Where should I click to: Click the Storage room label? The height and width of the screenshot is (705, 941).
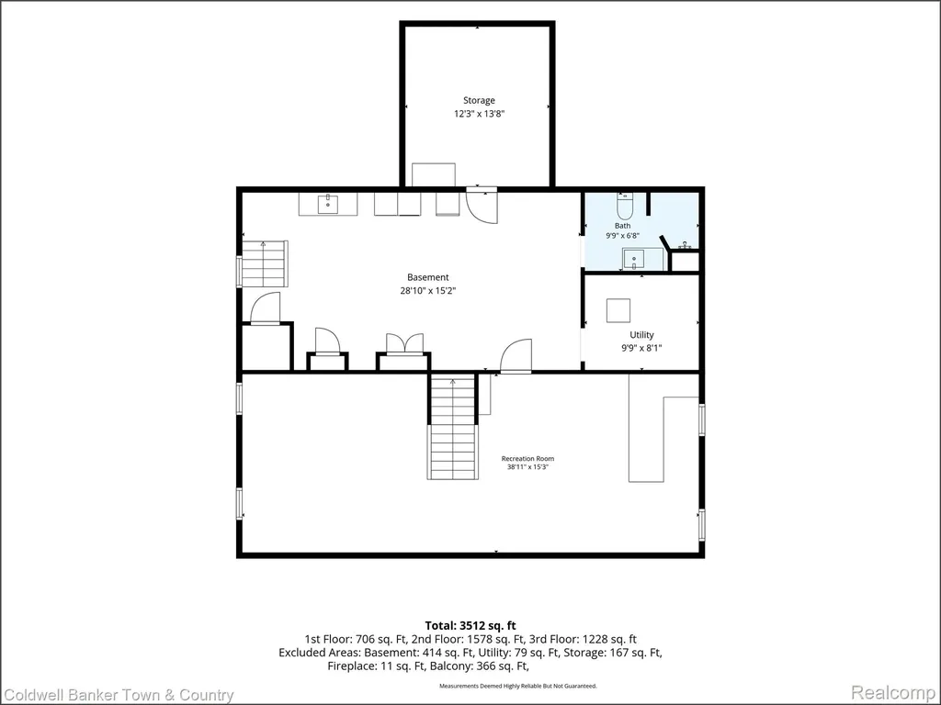click(x=479, y=101)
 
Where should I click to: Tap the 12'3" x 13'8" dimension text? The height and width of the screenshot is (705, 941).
click(x=479, y=114)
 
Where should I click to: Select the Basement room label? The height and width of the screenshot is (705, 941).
click(x=428, y=277)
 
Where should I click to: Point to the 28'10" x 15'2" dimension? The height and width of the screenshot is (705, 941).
click(x=428, y=291)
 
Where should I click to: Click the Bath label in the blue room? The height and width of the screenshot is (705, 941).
click(x=622, y=226)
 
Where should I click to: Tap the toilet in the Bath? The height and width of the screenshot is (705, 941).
click(x=625, y=206)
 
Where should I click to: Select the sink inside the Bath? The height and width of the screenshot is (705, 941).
click(x=634, y=260)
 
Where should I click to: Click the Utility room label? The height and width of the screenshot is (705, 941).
click(x=641, y=335)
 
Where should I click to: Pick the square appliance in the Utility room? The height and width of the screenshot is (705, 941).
click(x=618, y=310)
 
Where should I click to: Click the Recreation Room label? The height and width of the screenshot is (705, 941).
click(x=528, y=459)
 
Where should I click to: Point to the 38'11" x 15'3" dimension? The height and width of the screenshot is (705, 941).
click(x=528, y=466)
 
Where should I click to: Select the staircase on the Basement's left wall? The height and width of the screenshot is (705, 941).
click(x=265, y=263)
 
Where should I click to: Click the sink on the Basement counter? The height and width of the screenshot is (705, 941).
click(x=328, y=204)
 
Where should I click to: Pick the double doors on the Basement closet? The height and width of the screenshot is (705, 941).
click(x=404, y=345)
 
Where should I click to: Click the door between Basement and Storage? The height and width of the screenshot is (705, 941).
click(x=482, y=206)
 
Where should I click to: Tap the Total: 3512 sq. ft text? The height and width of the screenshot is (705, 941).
click(x=470, y=626)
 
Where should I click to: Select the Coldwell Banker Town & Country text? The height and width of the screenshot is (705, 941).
click(x=118, y=696)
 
